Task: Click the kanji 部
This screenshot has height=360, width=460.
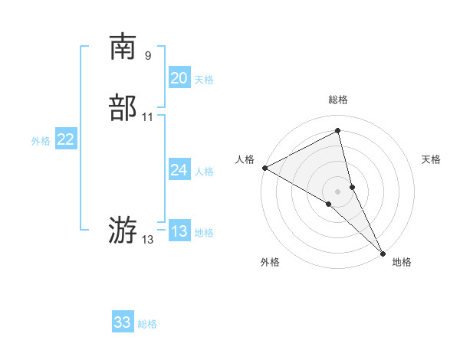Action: [x=123, y=108]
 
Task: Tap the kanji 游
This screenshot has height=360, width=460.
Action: [x=123, y=229]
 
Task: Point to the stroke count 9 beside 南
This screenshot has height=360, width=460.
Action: [x=148, y=55]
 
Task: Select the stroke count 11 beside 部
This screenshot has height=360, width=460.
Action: [x=148, y=117]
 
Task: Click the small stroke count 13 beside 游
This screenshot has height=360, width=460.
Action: [x=148, y=240]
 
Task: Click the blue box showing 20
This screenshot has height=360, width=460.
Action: [x=179, y=78]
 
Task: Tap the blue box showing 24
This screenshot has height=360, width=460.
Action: [x=179, y=170]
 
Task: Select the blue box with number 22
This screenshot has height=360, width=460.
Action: [x=65, y=139]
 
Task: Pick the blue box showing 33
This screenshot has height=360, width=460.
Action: [x=122, y=322]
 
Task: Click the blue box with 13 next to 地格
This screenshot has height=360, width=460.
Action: [x=179, y=231]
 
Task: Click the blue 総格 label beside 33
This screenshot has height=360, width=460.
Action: [x=147, y=324]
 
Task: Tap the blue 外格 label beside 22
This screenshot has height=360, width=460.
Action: [x=41, y=141]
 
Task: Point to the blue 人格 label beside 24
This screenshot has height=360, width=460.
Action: [x=204, y=172]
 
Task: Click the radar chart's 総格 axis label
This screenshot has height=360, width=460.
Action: [x=337, y=100]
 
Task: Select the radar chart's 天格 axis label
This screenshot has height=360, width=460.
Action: [x=432, y=159]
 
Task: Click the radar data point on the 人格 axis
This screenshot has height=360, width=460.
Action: [x=264, y=167]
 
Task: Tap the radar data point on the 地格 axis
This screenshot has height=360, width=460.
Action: [x=383, y=252]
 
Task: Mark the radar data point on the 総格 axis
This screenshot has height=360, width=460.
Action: [x=337, y=131]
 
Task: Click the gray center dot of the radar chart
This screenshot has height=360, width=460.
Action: [x=337, y=191]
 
